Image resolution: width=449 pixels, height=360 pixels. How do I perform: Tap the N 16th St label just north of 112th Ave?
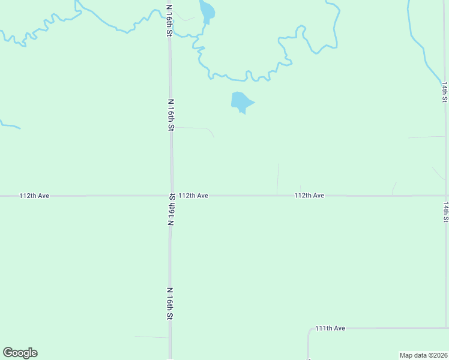171,115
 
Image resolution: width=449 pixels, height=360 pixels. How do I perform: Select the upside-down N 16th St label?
171,209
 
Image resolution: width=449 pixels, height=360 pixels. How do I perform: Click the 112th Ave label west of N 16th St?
34,196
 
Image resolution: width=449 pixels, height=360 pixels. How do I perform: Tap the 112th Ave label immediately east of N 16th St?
193,196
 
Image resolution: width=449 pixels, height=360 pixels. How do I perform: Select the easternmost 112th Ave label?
309,196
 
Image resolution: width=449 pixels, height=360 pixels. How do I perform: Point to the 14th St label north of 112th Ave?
445,92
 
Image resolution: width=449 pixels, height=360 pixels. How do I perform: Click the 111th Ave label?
330,328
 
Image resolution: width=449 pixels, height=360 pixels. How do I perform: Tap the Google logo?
20,353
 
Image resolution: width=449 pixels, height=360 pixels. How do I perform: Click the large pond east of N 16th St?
241,102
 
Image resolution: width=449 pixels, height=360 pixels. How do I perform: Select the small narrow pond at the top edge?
206,11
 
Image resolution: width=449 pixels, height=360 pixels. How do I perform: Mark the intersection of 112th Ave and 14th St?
447,196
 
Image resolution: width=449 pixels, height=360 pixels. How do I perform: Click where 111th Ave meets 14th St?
447,328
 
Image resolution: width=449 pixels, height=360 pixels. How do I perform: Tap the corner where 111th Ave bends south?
309,329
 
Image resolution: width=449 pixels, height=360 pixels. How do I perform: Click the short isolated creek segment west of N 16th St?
10,125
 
